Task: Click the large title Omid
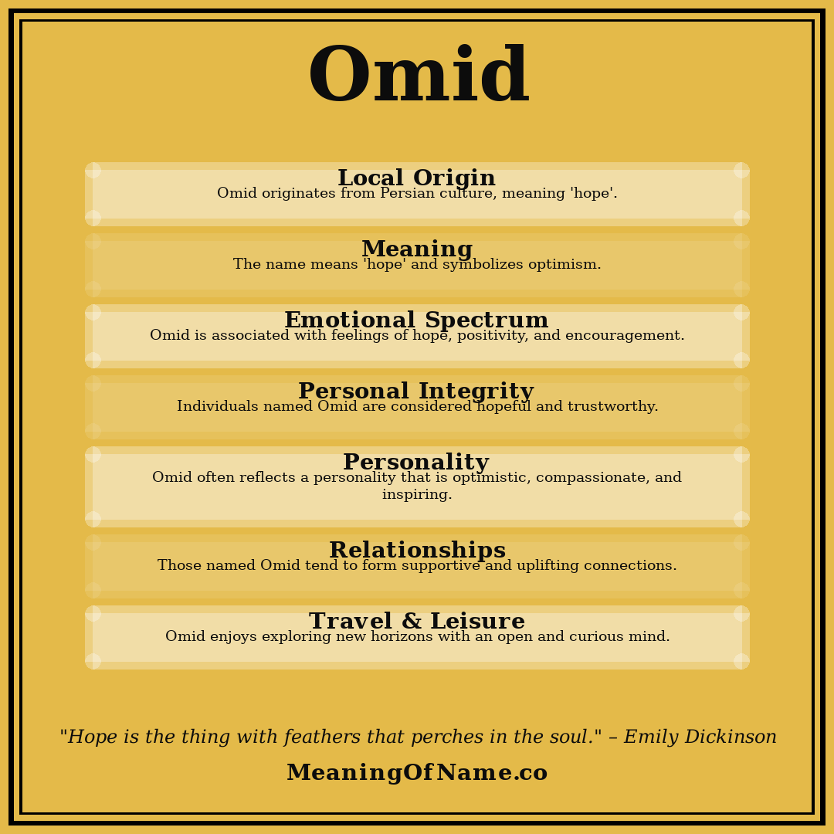[418, 77]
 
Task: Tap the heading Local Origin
[416, 178]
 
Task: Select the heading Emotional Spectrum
[416, 320]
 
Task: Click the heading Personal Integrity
[415, 392]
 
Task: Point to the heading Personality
[415, 463]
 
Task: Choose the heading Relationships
[417, 551]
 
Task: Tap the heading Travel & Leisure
[417, 622]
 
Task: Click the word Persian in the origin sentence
[407, 194]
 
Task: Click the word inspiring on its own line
[417, 495]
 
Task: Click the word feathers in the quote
[322, 737]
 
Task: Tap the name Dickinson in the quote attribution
[731, 737]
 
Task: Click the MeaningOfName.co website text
[417, 773]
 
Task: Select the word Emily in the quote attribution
[651, 737]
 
